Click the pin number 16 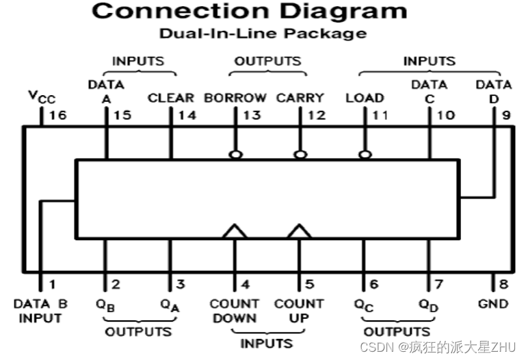click(x=57, y=115)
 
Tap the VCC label click(x=41, y=97)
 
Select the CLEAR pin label click(x=171, y=98)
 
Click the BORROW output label click(x=235, y=98)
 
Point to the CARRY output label click(x=300, y=98)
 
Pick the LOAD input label click(x=365, y=98)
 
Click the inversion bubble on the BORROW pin click(x=236, y=155)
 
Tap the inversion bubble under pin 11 click(x=365, y=155)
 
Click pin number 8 click(x=504, y=284)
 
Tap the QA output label click(x=170, y=304)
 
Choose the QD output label click(x=429, y=304)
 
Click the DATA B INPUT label click(x=40, y=311)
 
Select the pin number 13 click(x=252, y=115)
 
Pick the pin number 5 click(x=309, y=284)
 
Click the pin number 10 click(x=445, y=115)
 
